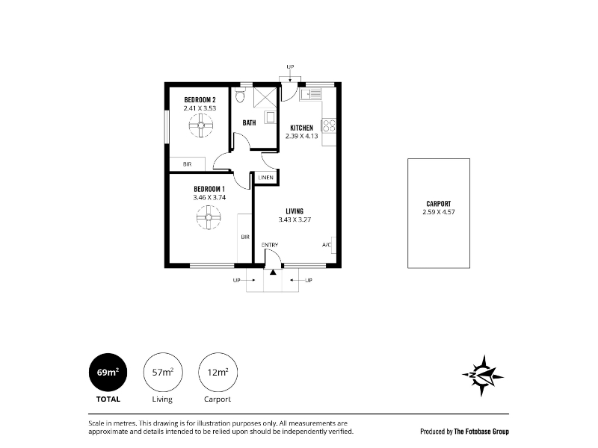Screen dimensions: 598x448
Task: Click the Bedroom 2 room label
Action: coord(200,100)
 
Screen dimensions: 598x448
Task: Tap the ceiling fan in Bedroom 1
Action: coord(209,217)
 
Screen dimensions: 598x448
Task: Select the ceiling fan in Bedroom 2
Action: coord(201,125)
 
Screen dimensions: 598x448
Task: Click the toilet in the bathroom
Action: coord(240,96)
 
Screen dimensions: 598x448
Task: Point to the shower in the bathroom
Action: coord(265,98)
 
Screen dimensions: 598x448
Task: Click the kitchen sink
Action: coord(310,94)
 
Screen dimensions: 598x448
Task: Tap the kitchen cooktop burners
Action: coord(329,125)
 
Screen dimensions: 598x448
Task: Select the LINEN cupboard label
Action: coord(266,178)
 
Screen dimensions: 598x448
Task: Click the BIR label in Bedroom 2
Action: coord(188,164)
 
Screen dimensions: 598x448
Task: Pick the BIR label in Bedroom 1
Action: coord(245,237)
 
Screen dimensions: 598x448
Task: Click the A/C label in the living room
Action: coord(327,245)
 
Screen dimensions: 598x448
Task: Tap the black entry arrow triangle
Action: coord(273,272)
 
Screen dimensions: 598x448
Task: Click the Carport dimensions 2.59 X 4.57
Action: coord(439,212)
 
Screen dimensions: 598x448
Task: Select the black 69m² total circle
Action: coord(108,372)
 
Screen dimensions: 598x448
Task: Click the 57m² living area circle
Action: coord(163,372)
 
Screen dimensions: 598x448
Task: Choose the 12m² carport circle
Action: coord(218,372)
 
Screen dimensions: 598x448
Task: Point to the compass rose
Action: coord(482,376)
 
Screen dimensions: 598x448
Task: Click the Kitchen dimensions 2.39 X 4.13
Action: coord(302,136)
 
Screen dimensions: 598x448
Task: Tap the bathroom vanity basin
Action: coord(271,117)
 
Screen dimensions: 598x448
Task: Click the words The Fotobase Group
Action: coord(481,432)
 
